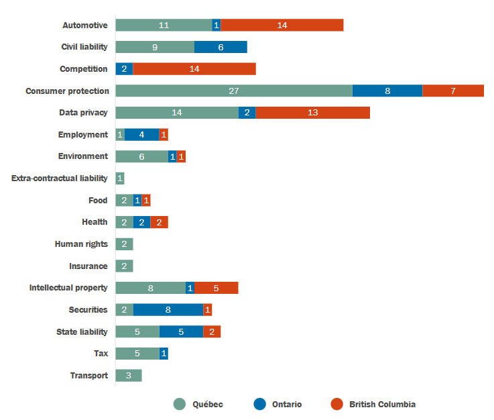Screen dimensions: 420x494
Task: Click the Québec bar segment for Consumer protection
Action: [x=234, y=91]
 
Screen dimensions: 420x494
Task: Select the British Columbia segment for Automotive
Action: [x=282, y=25]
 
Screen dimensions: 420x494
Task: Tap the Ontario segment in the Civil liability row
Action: [x=221, y=47]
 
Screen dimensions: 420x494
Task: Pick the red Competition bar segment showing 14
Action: [x=194, y=68]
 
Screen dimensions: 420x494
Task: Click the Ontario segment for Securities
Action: [x=168, y=309]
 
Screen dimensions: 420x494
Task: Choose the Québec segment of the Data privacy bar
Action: [x=177, y=112]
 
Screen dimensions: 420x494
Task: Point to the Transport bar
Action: [x=129, y=375]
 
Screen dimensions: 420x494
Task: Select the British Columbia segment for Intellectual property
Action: [x=216, y=288]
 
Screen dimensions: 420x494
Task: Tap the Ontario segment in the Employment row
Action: [x=141, y=134]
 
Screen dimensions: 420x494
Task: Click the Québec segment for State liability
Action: [x=137, y=331]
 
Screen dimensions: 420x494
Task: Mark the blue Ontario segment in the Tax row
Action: [x=164, y=354]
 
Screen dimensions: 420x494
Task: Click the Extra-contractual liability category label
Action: [x=60, y=178]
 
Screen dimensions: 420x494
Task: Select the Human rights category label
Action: [x=81, y=244]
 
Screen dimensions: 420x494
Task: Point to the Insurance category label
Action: [x=88, y=266]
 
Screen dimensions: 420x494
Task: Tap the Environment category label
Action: [x=83, y=156]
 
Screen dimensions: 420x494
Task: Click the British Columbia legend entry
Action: [x=382, y=404]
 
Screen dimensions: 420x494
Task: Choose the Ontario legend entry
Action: [x=286, y=404]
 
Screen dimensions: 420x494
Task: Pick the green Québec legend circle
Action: [x=180, y=404]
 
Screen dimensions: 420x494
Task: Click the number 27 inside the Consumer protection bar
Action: [x=234, y=91]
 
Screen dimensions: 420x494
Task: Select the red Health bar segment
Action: [x=159, y=222]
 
